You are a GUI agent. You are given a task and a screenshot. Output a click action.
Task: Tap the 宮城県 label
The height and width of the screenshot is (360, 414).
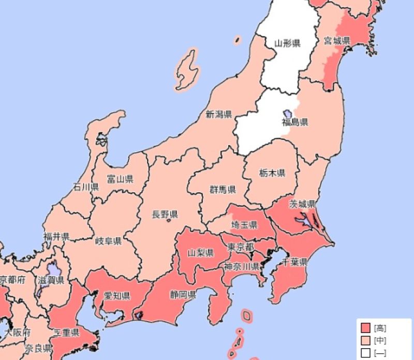pyautogui.click(x=337, y=40)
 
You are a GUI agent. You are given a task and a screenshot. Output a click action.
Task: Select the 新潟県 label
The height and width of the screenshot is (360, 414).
pyautogui.click(x=219, y=114)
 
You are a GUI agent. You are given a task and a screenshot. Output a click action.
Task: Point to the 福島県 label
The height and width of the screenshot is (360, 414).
pyautogui.click(x=295, y=123)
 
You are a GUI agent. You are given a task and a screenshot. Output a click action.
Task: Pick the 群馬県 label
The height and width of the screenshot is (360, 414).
pyautogui.click(x=223, y=189)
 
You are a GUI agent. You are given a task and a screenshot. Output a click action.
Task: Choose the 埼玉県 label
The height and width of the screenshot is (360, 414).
pyautogui.click(x=244, y=225)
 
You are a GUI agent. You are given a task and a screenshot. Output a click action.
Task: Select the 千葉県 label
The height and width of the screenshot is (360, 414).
pyautogui.click(x=295, y=262)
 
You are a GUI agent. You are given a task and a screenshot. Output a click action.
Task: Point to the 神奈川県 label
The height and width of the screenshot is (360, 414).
pyautogui.click(x=242, y=267)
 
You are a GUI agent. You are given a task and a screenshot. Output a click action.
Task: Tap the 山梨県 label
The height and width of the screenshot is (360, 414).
pyautogui.click(x=200, y=253)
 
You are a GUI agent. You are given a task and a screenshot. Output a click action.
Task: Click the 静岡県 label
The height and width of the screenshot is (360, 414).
pyautogui.click(x=183, y=295)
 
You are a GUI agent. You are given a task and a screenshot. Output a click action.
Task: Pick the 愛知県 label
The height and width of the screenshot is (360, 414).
pyautogui.click(x=117, y=296)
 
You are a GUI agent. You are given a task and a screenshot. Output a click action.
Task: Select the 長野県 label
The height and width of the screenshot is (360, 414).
pyautogui.click(x=165, y=214)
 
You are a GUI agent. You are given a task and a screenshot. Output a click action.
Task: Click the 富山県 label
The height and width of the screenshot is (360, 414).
pyautogui.click(x=120, y=179)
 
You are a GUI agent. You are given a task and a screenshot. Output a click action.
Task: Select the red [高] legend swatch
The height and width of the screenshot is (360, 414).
pyautogui.click(x=366, y=328)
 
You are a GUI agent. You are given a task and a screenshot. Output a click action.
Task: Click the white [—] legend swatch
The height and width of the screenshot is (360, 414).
pyautogui.click(x=366, y=353)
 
